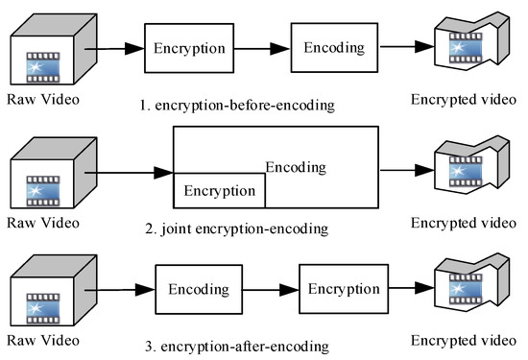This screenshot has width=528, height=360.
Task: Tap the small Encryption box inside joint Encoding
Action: (x=219, y=190)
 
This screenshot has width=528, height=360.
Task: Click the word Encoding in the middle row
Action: (x=296, y=166)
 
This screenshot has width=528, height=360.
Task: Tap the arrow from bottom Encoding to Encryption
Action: (x=270, y=288)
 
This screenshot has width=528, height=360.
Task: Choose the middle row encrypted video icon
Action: (x=467, y=171)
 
